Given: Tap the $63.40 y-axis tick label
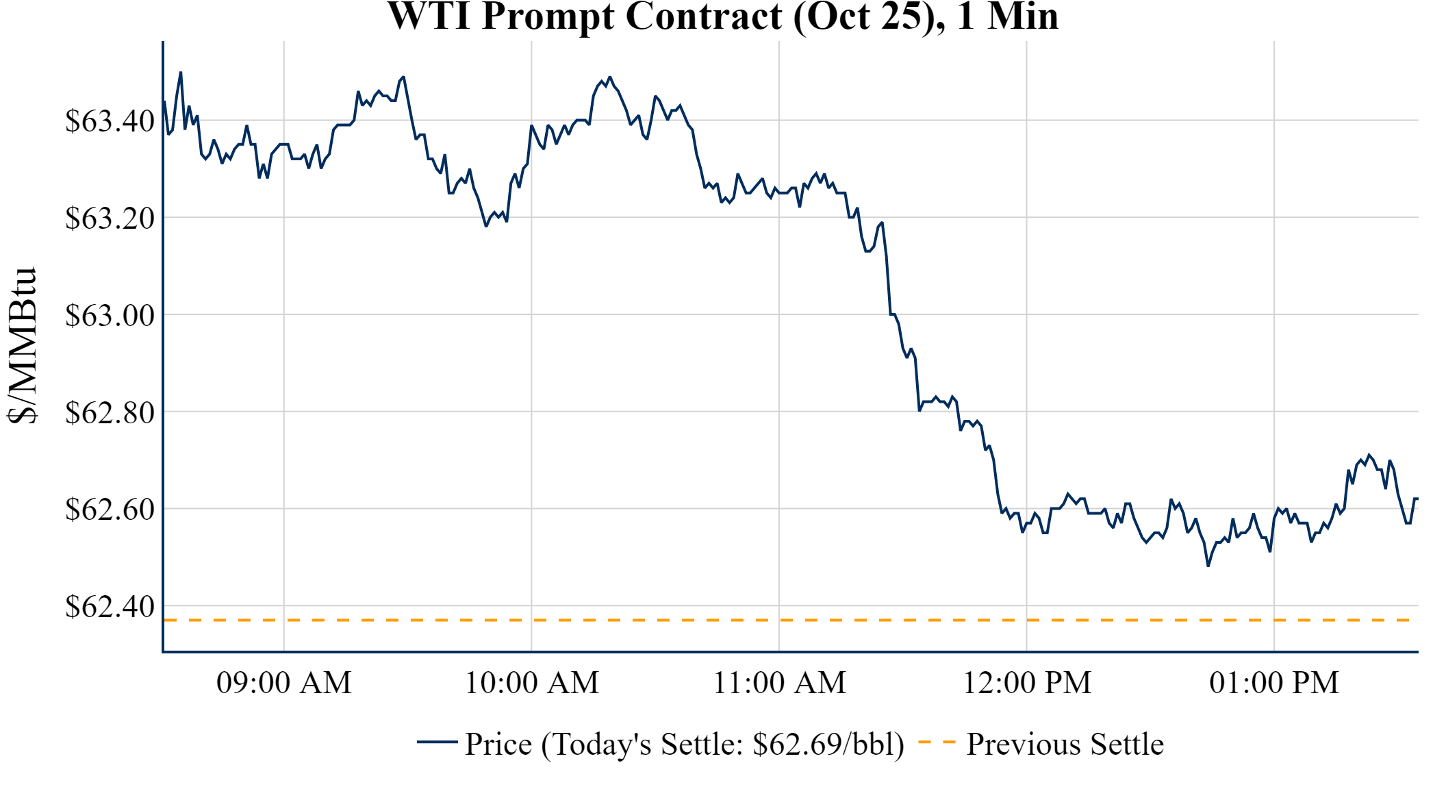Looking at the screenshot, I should (110, 121).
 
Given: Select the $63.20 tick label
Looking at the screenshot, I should (110, 218).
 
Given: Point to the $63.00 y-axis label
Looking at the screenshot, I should (110, 316).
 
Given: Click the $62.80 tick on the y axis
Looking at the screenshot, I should (110, 413).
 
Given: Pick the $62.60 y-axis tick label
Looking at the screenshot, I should (110, 510).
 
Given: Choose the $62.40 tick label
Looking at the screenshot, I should (110, 607).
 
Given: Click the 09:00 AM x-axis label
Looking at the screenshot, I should (283, 683).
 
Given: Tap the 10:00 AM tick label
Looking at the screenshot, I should (531, 683).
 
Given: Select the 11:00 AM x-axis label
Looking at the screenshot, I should (779, 683).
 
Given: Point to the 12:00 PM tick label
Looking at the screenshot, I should (1026, 683).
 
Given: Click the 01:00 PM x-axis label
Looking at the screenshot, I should (1273, 683).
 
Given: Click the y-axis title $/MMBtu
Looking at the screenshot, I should (22, 346).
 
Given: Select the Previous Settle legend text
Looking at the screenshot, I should (1065, 744).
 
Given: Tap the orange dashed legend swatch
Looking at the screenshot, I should (936, 742).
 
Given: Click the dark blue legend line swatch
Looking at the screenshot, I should (437, 742).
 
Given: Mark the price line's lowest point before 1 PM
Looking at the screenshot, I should (1208, 566).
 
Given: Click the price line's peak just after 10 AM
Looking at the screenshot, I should (610, 77).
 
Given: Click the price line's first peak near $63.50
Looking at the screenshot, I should (181, 72).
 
